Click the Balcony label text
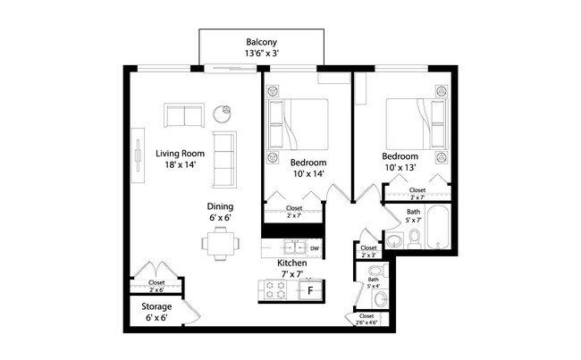[x=260, y=47]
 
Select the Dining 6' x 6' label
[x=221, y=212]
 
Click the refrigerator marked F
[x=310, y=290]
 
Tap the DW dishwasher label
[x=315, y=247]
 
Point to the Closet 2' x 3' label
[x=368, y=251]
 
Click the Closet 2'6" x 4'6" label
[x=366, y=320]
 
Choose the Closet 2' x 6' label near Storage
[x=156, y=286]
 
